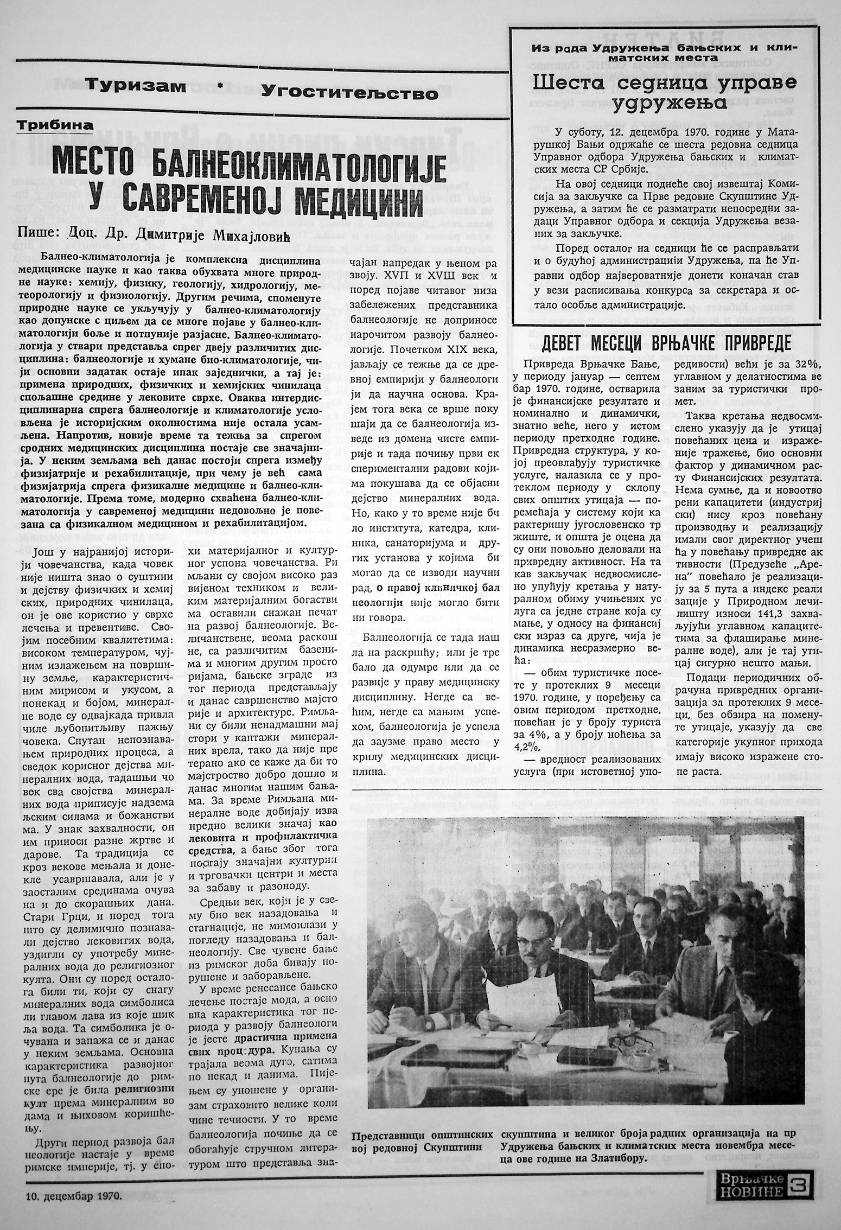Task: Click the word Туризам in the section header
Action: click(136, 87)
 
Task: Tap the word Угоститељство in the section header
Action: click(349, 92)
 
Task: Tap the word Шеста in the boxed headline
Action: click(565, 83)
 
